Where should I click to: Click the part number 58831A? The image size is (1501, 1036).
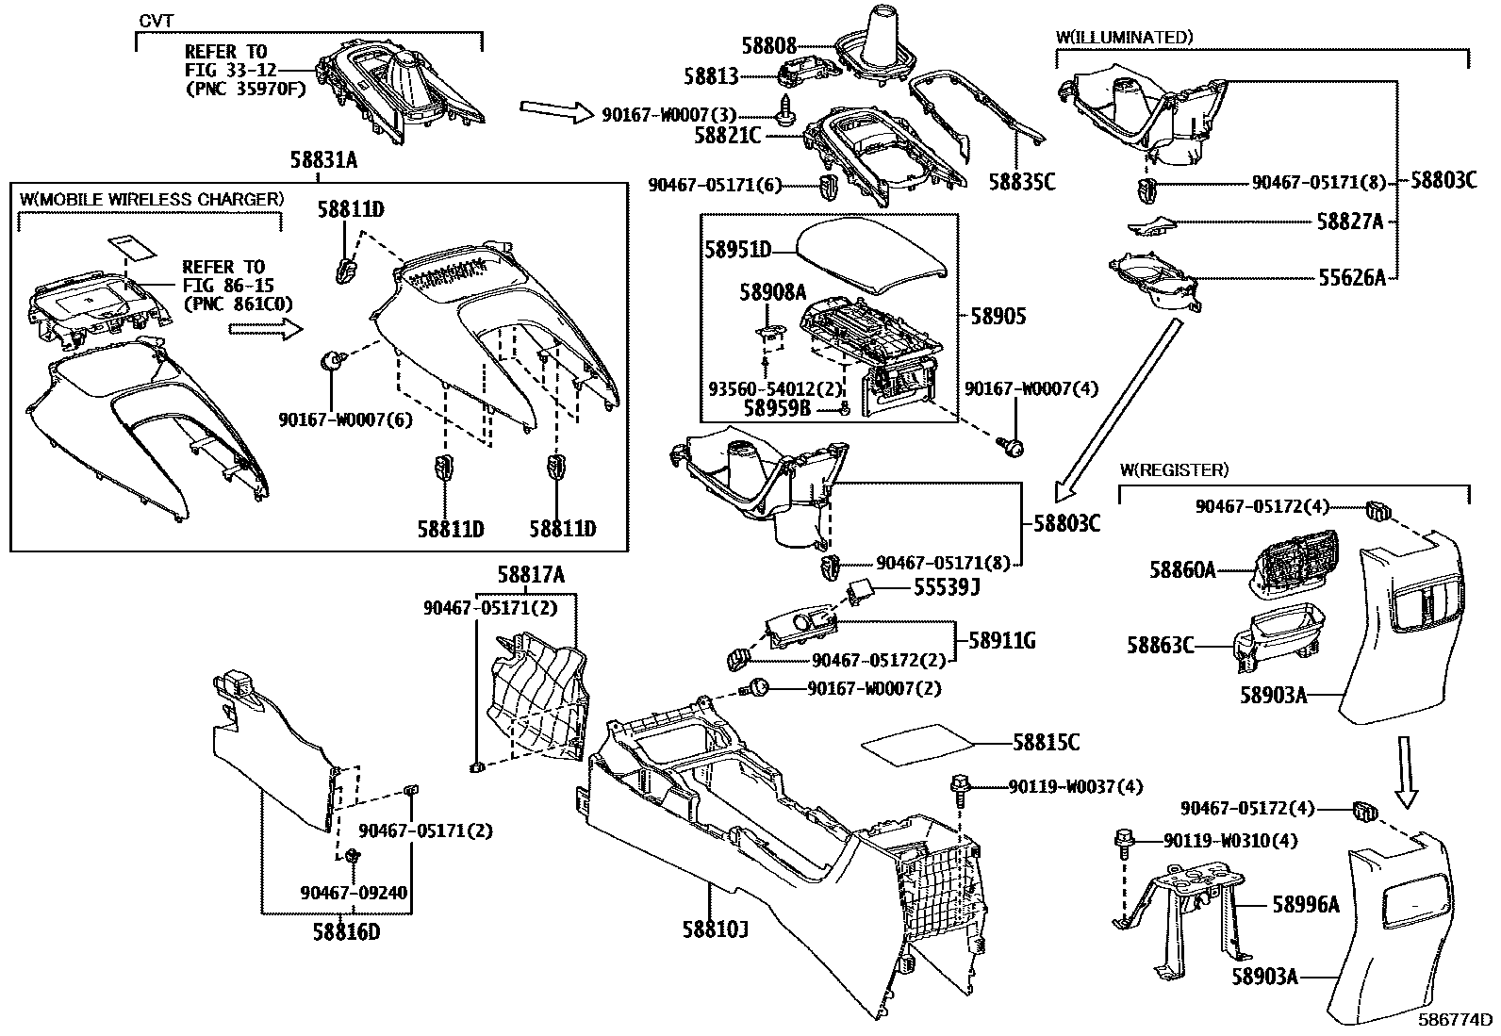tap(323, 161)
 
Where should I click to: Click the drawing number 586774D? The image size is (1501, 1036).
tap(1457, 1020)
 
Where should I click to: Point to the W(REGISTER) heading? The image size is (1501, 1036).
tap(1174, 469)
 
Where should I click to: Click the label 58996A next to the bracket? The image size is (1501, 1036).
tap(1305, 905)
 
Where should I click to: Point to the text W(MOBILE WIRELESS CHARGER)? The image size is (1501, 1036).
tap(151, 199)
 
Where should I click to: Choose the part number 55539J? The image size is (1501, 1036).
tap(947, 588)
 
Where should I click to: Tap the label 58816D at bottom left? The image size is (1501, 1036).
tap(347, 931)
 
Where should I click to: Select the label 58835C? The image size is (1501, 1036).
tap(1022, 182)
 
